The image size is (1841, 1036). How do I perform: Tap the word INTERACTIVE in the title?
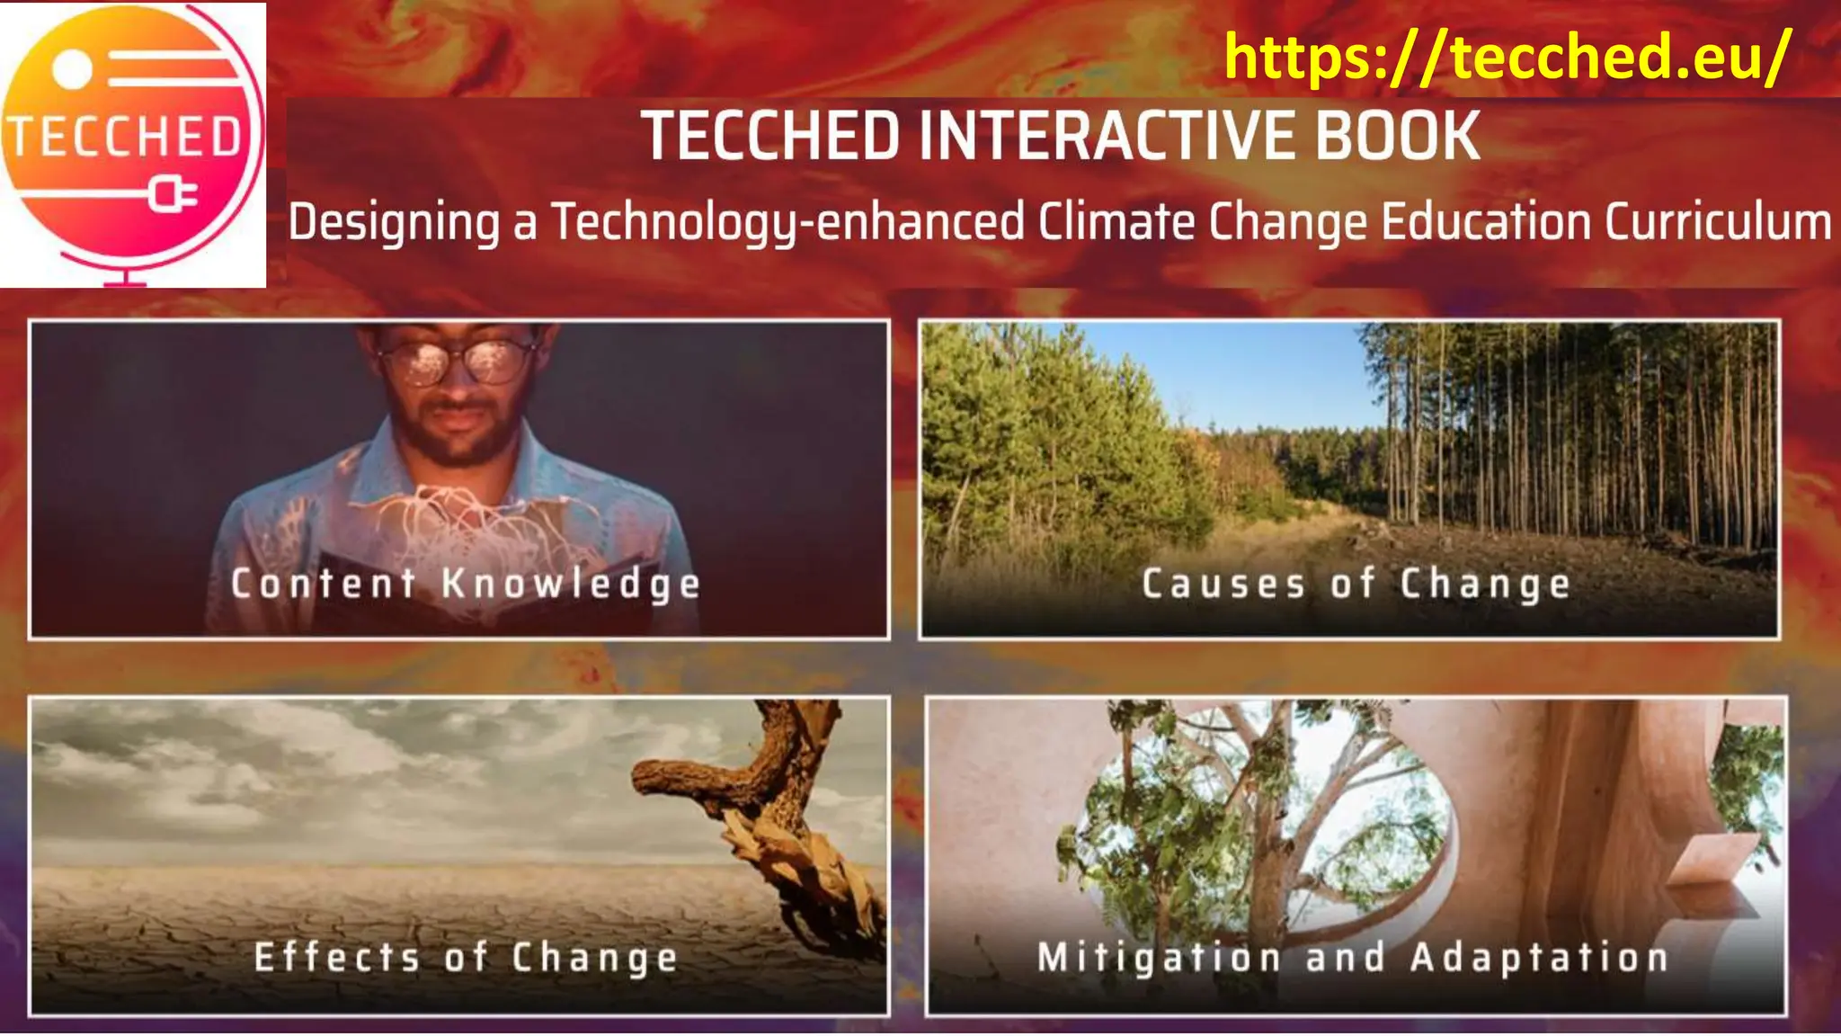pyautogui.click(x=1107, y=136)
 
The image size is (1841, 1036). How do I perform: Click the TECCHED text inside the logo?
pyautogui.click(x=125, y=138)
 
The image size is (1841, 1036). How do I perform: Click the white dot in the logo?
pyautogui.click(x=73, y=69)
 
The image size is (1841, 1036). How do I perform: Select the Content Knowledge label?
pyautogui.click(x=465, y=584)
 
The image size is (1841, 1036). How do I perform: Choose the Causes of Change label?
pyautogui.click(x=1356, y=584)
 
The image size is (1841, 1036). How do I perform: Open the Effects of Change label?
pyautogui.click(x=466, y=957)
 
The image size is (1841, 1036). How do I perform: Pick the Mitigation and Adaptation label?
pyautogui.click(x=1353, y=957)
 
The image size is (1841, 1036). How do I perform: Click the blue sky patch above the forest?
pyautogui.click(x=1258, y=369)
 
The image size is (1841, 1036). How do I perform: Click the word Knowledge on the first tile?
pyautogui.click(x=571, y=584)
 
